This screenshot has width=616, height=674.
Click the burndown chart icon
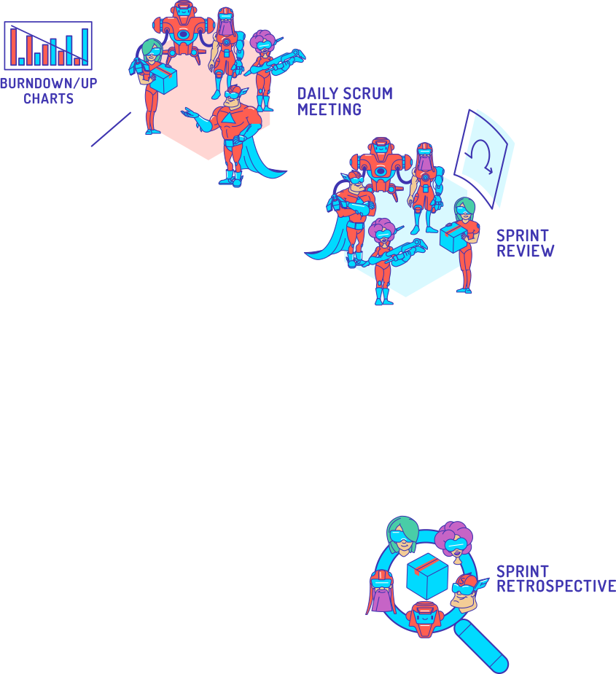(x=48, y=45)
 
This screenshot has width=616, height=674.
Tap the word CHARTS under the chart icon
(x=48, y=98)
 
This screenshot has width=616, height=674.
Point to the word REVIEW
(x=525, y=251)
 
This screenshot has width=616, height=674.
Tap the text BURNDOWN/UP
(x=48, y=83)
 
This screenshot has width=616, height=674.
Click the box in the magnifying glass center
(x=426, y=575)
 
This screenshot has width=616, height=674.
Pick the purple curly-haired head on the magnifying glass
(x=453, y=540)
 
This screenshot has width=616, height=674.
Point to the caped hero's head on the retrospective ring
(x=467, y=592)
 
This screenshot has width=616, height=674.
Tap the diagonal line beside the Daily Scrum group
(x=111, y=129)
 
